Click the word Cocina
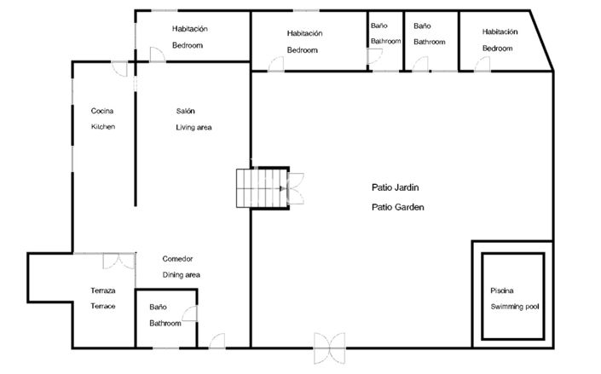[102, 111]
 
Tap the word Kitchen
[102, 127]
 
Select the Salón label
[186, 111]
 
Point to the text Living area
[194, 127]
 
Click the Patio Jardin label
[396, 187]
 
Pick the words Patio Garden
[397, 206]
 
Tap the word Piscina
[502, 291]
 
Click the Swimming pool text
[516, 307]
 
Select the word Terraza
[103, 291]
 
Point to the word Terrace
[102, 306]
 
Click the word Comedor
[178, 259]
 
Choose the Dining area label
[182, 275]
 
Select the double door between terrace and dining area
[118, 261]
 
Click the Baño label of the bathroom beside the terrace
[158, 307]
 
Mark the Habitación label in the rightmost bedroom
[500, 32]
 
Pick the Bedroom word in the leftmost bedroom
[188, 45]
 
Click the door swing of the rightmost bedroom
[483, 66]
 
